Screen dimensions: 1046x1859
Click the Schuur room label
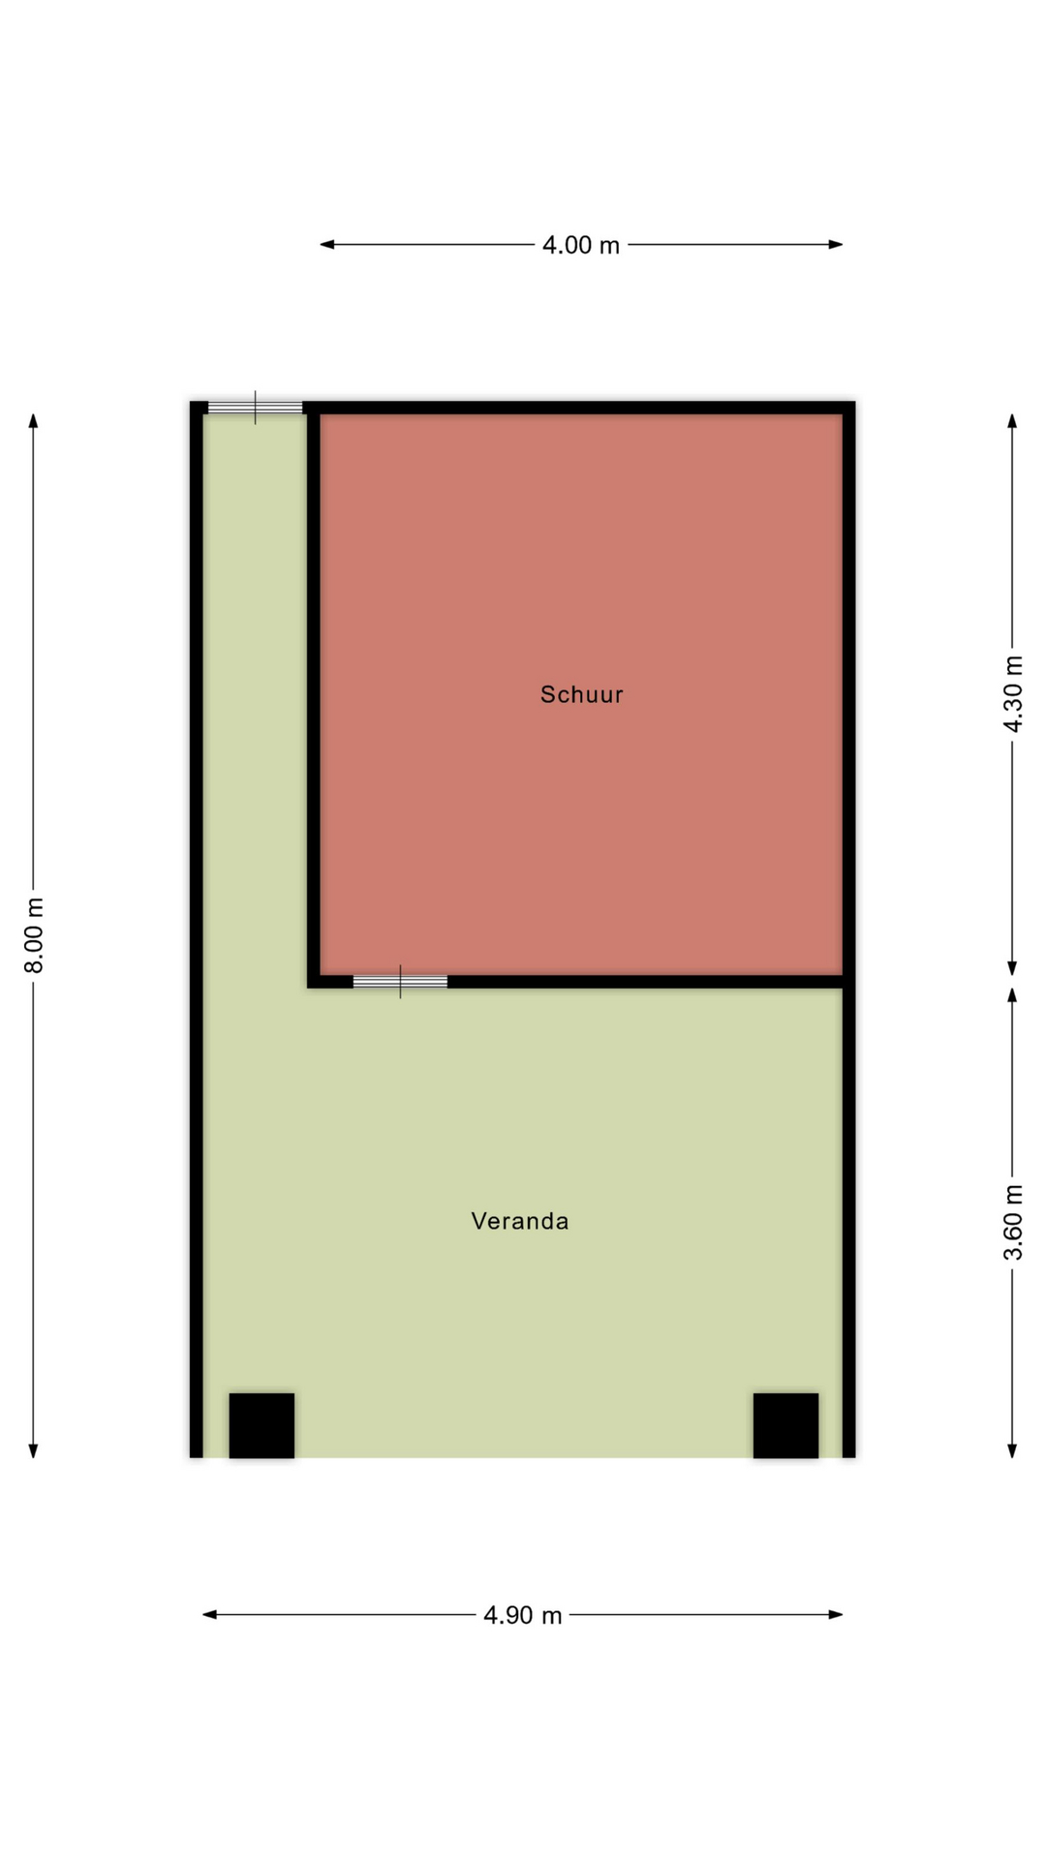[581, 694]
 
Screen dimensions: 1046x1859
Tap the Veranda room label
[520, 1221]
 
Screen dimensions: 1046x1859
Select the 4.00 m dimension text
[581, 245]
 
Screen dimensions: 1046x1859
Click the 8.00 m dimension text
[34, 935]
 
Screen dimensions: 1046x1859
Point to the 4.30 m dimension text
[1012, 694]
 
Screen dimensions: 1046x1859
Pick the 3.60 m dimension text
[1012, 1223]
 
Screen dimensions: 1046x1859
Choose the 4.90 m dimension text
[523, 1615]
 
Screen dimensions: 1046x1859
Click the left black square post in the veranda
[261, 1425]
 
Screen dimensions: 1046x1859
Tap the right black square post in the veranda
[785, 1425]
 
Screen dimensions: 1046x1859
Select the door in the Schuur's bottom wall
[400, 982]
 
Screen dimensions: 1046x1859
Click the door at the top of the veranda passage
[256, 408]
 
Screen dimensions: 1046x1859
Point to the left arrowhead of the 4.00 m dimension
[327, 245]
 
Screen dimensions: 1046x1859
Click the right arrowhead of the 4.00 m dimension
[835, 245]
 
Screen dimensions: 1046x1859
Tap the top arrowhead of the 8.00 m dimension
[33, 421]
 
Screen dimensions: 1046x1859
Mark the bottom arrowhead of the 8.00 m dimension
[33, 1450]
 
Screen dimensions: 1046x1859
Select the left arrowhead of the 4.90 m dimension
[210, 1614]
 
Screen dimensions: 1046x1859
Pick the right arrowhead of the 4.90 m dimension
[835, 1614]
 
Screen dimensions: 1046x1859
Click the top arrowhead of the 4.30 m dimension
[1012, 421]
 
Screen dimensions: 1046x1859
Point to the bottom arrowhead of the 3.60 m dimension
[1012, 1450]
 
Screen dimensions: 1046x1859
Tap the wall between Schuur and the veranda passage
[314, 694]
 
